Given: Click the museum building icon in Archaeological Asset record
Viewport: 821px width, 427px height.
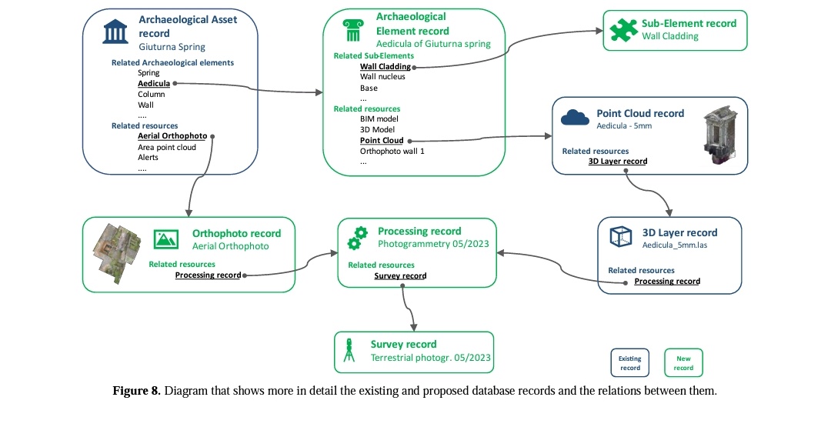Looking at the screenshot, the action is [115, 32].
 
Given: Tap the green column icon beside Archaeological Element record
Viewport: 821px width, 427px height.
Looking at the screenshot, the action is [353, 30].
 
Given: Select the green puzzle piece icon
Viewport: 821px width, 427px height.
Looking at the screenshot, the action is [623, 30].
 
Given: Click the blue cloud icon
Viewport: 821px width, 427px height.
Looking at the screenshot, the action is [575, 118].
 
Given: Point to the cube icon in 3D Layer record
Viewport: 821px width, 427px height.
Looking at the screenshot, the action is [621, 236].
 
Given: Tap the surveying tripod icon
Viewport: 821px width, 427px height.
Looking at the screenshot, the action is [349, 350].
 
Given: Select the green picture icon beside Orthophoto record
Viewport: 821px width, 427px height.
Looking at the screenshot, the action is [166, 239].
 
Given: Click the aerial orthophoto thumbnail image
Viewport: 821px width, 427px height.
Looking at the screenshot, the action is [117, 253].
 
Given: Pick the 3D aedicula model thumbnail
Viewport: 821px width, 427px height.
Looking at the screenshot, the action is [720, 135].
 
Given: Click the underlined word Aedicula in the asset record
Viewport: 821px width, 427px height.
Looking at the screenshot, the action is [154, 84].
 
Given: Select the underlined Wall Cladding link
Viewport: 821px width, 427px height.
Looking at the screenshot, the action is [385, 66].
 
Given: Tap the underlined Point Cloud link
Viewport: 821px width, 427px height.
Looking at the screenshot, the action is [382, 140].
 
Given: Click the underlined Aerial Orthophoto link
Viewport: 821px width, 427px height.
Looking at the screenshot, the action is [172, 136].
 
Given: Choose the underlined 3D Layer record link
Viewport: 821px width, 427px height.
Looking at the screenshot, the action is [618, 161].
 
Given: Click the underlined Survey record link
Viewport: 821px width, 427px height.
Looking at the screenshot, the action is [401, 275].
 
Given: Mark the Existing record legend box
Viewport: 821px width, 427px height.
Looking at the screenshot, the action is [630, 362].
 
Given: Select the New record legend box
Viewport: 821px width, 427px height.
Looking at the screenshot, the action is [683, 362].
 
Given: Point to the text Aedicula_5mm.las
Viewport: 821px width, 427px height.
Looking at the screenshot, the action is [674, 245].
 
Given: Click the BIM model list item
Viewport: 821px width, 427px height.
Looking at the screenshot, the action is [379, 119].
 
